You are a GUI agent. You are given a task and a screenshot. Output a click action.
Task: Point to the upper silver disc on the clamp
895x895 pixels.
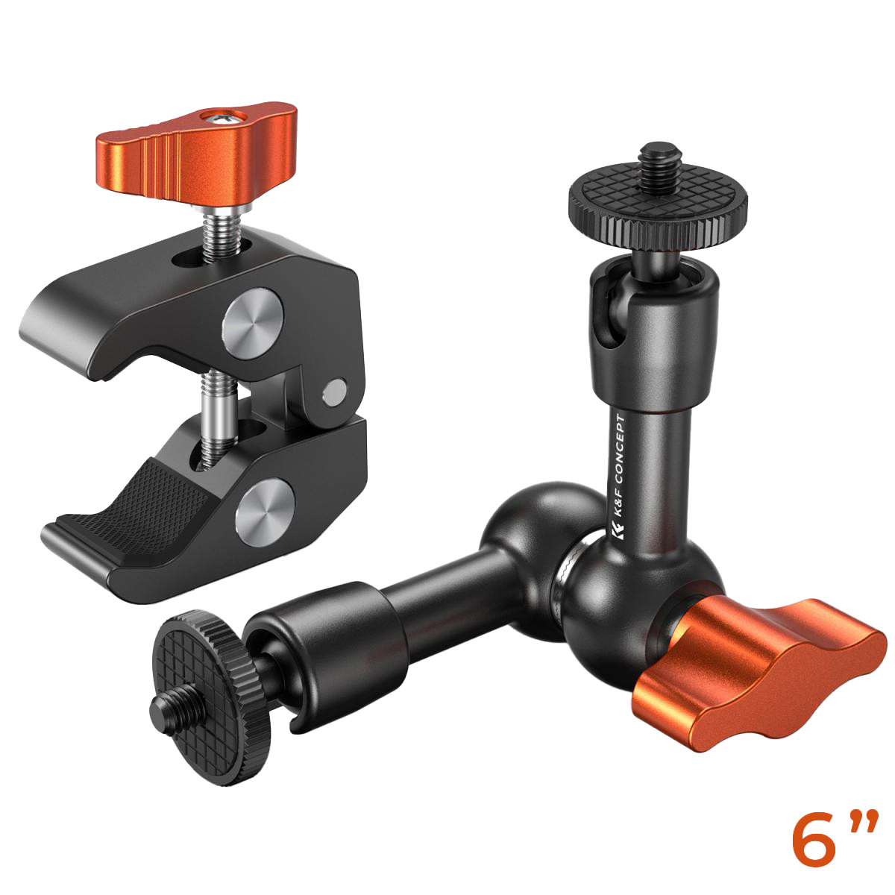252,323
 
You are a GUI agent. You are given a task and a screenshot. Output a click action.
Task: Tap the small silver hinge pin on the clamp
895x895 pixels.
335,390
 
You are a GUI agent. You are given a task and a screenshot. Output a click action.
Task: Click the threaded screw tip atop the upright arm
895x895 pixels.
660,159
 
